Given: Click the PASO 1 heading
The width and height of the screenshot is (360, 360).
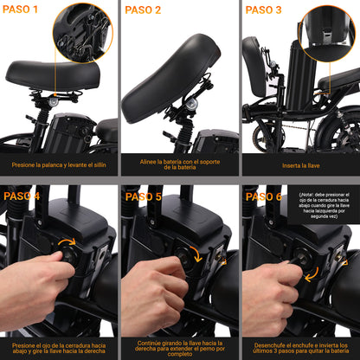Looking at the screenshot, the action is pyautogui.click(x=20, y=10).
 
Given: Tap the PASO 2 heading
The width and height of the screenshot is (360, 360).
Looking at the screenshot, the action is pyautogui.click(x=143, y=10).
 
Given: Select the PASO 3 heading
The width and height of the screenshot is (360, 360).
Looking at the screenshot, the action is pyautogui.click(x=263, y=10).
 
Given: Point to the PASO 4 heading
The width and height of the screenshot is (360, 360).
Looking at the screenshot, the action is pyautogui.click(x=22, y=196).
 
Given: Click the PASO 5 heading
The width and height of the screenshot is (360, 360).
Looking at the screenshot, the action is pyautogui.click(x=144, y=196).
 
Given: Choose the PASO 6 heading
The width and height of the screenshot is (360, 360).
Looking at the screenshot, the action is pyautogui.click(x=264, y=196).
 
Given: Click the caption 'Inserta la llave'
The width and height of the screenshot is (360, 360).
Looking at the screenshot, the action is pyautogui.click(x=301, y=165).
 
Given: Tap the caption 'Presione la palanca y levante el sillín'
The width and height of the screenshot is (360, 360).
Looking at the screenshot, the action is pyautogui.click(x=59, y=165).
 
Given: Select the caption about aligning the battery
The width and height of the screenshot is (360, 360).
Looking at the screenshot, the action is pyautogui.click(x=180, y=164).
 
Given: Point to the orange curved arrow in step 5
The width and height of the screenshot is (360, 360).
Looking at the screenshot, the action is pyautogui.click(x=199, y=253).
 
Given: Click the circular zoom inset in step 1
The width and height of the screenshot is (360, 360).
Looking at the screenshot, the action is pyautogui.click(x=83, y=33).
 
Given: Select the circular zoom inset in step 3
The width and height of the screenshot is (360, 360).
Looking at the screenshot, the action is pyautogui.click(x=327, y=34).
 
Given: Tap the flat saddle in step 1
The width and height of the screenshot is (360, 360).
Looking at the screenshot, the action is pyautogui.click(x=53, y=75).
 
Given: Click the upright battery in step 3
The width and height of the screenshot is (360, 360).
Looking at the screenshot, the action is pyautogui.click(x=300, y=75).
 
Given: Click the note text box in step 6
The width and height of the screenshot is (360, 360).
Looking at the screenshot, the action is pyautogui.click(x=324, y=205).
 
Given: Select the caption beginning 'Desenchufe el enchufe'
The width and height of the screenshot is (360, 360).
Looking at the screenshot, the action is pyautogui.click(x=301, y=348).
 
